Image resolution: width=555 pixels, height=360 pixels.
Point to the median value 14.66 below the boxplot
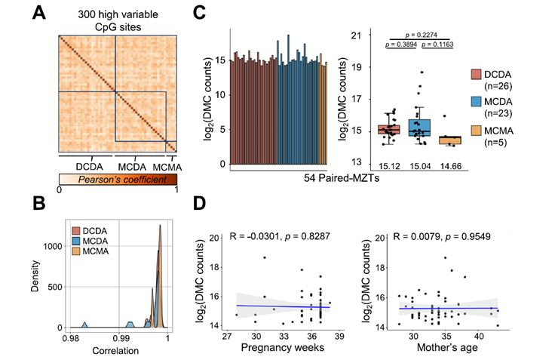coord(452,166)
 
